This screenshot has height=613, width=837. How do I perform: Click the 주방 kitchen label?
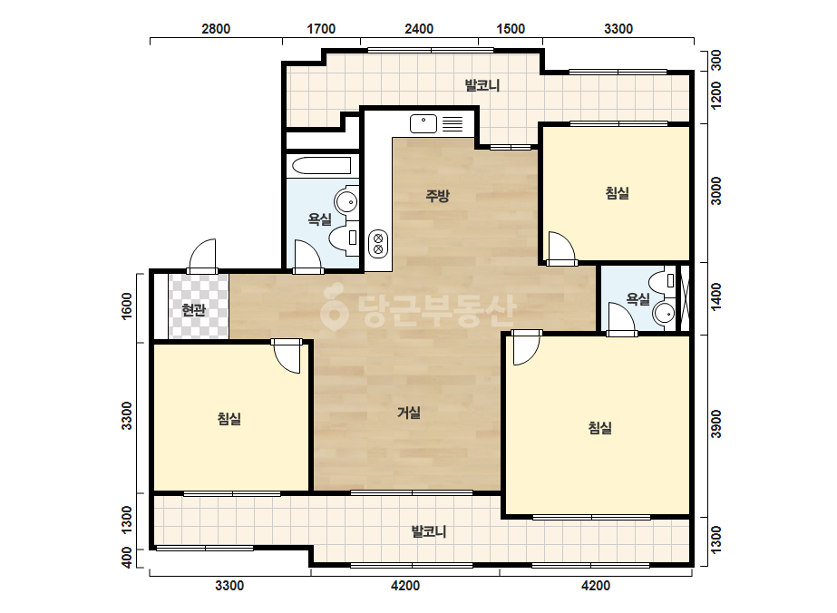(x=437, y=196)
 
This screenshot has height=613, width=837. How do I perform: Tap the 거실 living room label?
(x=409, y=413)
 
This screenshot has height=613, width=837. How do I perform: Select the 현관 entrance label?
(x=193, y=310)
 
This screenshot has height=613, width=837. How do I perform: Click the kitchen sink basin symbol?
(x=423, y=124)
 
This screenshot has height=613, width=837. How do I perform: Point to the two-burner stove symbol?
(x=378, y=244)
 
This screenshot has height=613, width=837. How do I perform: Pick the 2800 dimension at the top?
(x=216, y=29)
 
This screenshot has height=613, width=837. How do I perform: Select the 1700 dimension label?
(x=321, y=29)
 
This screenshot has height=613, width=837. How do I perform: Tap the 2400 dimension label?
(x=419, y=29)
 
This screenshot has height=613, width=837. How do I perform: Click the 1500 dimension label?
(x=511, y=29)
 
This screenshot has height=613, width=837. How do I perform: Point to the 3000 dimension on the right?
(x=716, y=190)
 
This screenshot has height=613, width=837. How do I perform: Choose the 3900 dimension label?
(x=716, y=423)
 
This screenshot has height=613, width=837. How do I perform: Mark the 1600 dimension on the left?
(x=127, y=306)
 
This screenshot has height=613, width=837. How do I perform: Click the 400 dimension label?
(x=127, y=558)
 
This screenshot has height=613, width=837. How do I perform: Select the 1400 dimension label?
(x=716, y=296)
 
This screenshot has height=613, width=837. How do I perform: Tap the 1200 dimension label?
(x=716, y=95)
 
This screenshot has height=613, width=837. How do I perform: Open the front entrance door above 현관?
(x=203, y=257)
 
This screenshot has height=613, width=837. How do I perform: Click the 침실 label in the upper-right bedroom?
(x=617, y=193)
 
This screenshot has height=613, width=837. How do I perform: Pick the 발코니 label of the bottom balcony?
(x=429, y=531)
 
